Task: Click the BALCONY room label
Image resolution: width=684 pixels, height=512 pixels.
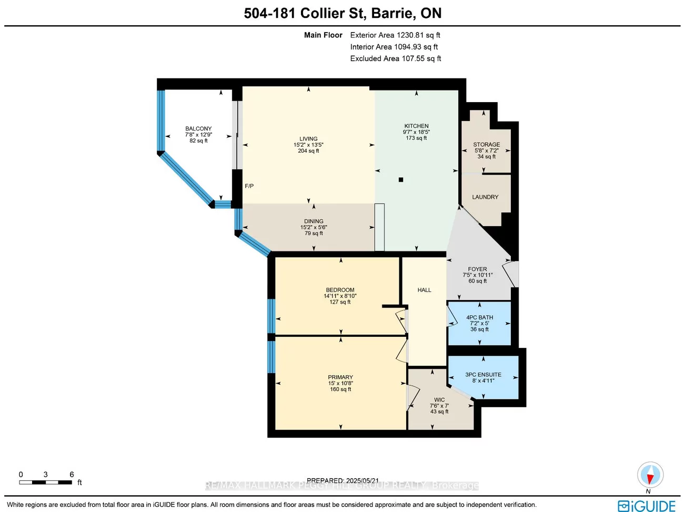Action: point(198,128)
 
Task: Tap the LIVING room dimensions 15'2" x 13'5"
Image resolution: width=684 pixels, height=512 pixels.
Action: point(308,145)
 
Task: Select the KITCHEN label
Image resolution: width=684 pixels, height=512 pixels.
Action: point(416,126)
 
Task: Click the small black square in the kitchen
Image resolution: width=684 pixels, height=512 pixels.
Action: point(401,180)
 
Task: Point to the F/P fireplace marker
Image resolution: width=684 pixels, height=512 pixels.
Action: point(249,186)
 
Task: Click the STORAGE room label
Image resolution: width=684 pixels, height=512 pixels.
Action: point(486,144)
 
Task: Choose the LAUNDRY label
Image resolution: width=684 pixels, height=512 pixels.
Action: point(485,197)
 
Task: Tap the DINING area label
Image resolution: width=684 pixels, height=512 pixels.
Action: point(314,222)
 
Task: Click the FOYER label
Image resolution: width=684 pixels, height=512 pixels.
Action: point(477,269)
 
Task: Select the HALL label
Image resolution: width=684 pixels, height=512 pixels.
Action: point(424,290)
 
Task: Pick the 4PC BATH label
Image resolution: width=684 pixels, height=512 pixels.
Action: point(479,317)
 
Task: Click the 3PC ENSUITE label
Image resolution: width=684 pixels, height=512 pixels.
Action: point(483,375)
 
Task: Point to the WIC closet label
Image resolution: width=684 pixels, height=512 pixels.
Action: point(439,400)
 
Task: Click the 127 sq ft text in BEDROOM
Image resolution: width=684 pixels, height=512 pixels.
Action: point(340,302)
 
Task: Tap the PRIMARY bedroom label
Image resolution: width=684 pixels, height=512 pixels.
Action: point(340,377)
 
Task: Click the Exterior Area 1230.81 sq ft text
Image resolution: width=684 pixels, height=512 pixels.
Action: point(395,35)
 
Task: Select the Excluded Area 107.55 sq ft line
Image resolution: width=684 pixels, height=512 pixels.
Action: point(396,58)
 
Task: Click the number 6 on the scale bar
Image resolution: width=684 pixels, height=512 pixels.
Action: point(72,475)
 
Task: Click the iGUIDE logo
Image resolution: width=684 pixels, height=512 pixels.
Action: point(647,506)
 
